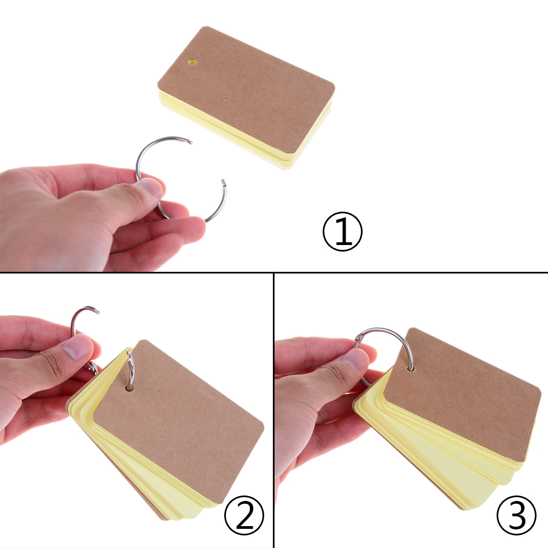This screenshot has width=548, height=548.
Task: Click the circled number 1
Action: point(342,231)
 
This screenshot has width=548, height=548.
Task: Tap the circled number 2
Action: point(244,515)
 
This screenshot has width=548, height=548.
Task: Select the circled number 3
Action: point(516,515)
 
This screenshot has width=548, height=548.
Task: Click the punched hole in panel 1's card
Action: point(192,62)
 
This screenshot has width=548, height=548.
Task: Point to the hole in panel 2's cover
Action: point(130,388)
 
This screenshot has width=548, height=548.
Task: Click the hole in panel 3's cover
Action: point(410,368)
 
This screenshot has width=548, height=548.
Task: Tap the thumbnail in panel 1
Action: point(151,186)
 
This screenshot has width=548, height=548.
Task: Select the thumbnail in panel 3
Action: point(355,360)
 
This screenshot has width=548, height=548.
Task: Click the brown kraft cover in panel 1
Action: point(246,90)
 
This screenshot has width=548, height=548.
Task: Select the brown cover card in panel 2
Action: point(178,422)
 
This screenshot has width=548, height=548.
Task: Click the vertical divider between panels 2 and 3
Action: point(274,410)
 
